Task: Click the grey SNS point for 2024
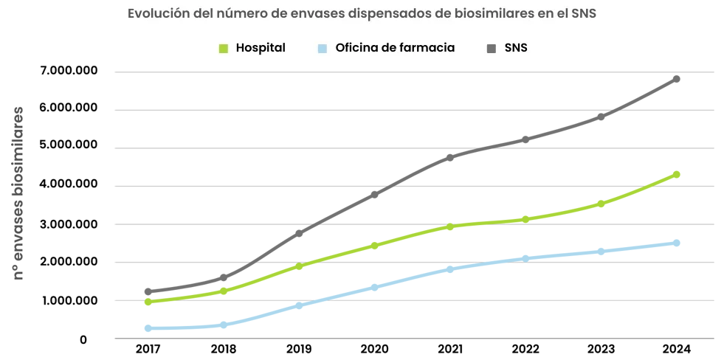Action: pyautogui.click(x=676, y=79)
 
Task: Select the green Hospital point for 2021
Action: pyautogui.click(x=449, y=226)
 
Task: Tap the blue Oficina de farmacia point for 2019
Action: pyautogui.click(x=299, y=305)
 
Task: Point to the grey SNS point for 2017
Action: pyautogui.click(x=148, y=291)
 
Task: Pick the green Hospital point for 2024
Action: pyautogui.click(x=676, y=175)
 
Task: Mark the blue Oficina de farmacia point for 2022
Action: pyautogui.click(x=525, y=259)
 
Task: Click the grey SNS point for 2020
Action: pyautogui.click(x=374, y=195)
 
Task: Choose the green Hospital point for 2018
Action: pyautogui.click(x=223, y=291)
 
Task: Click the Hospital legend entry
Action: pyautogui.click(x=253, y=48)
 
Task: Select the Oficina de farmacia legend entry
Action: pyautogui.click(x=386, y=48)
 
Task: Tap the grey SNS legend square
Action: pyautogui.click(x=492, y=48)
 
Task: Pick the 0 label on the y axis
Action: pyautogui.click(x=83, y=340)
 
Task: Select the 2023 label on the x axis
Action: pyautogui.click(x=601, y=350)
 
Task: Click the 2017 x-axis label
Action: pyautogui.click(x=148, y=350)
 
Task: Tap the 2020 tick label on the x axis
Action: pyautogui.click(x=374, y=350)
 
